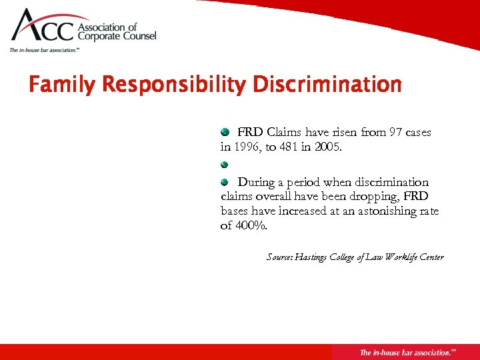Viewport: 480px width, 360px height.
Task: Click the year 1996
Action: tap(246, 147)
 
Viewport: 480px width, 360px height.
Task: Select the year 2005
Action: tap(328, 147)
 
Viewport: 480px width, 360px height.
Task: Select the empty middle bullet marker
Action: tap(225, 164)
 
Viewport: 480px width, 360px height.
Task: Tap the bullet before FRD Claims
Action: tap(225, 132)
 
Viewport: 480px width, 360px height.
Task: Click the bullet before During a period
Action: tap(225, 181)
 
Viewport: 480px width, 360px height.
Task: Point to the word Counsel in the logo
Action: tap(137, 37)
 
